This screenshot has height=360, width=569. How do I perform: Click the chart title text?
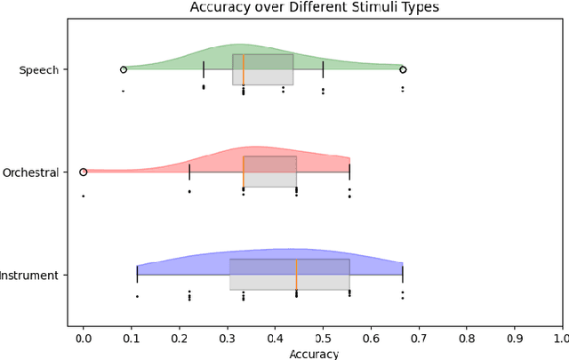[314, 8]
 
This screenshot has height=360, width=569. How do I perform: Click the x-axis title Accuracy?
[314, 354]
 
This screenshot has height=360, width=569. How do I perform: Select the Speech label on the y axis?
[38, 69]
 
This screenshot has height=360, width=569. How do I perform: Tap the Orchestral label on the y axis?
[30, 172]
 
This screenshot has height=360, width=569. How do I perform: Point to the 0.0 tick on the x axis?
[83, 339]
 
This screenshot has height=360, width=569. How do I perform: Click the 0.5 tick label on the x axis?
[323, 339]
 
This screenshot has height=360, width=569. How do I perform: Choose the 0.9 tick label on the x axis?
[515, 339]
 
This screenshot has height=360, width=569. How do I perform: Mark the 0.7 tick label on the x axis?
[419, 339]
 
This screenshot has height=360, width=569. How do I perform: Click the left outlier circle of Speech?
[123, 68]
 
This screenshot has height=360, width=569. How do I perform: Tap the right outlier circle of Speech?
[403, 68]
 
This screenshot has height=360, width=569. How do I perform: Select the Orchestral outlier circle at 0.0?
[83, 172]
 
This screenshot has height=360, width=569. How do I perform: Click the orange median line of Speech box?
[244, 69]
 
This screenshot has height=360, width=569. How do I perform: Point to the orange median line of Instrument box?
[296, 275]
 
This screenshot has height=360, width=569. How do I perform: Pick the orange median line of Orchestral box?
[244, 172]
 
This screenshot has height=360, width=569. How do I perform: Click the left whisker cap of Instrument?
[137, 275]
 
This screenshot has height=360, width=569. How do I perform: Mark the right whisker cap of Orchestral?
[349, 172]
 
